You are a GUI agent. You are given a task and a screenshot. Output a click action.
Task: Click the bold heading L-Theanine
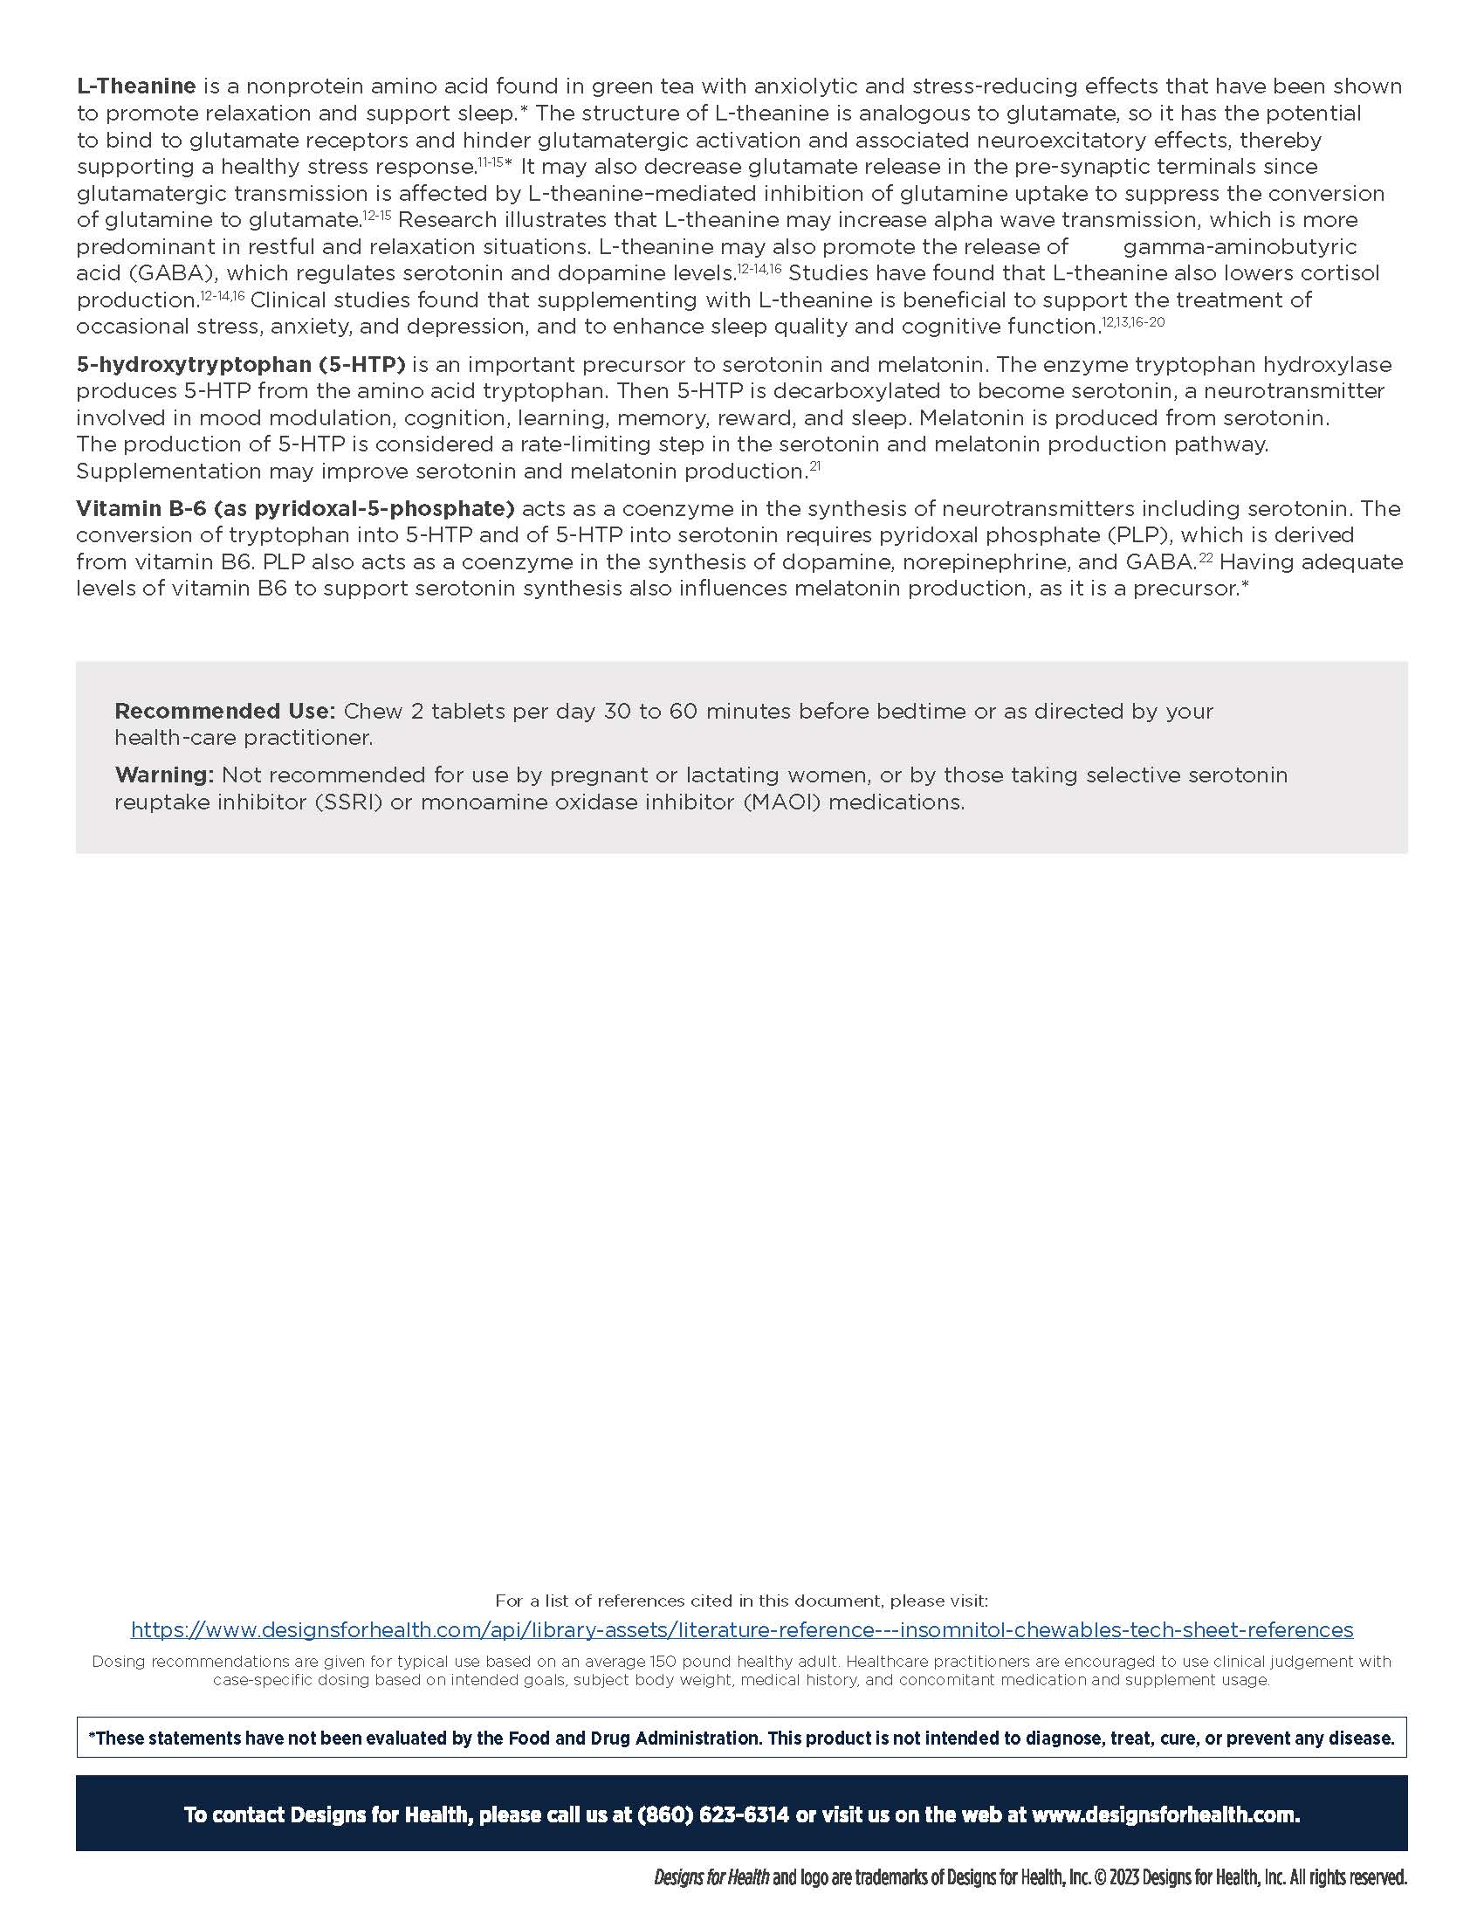tap(136, 86)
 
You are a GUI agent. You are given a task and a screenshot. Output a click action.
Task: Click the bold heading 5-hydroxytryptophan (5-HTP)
tap(241, 364)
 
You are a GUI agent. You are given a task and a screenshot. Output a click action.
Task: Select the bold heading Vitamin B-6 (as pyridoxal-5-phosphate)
tap(294, 508)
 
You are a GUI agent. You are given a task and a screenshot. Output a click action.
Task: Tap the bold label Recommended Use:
tap(224, 711)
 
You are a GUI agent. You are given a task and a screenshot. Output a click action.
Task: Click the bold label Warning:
tap(164, 775)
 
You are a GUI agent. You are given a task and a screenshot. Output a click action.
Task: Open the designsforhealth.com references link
tap(741, 1630)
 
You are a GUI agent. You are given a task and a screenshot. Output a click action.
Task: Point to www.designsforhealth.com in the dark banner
tap(1165, 1814)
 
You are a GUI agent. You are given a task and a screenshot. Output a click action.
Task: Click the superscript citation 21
tap(814, 466)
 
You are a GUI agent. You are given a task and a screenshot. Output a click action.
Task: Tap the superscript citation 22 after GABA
tap(1206, 557)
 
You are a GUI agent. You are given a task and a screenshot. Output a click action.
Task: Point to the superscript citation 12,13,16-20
tap(1133, 322)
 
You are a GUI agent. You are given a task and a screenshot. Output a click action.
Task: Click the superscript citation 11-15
tap(491, 162)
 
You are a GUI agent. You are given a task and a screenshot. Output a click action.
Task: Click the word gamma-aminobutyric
tap(1240, 246)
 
